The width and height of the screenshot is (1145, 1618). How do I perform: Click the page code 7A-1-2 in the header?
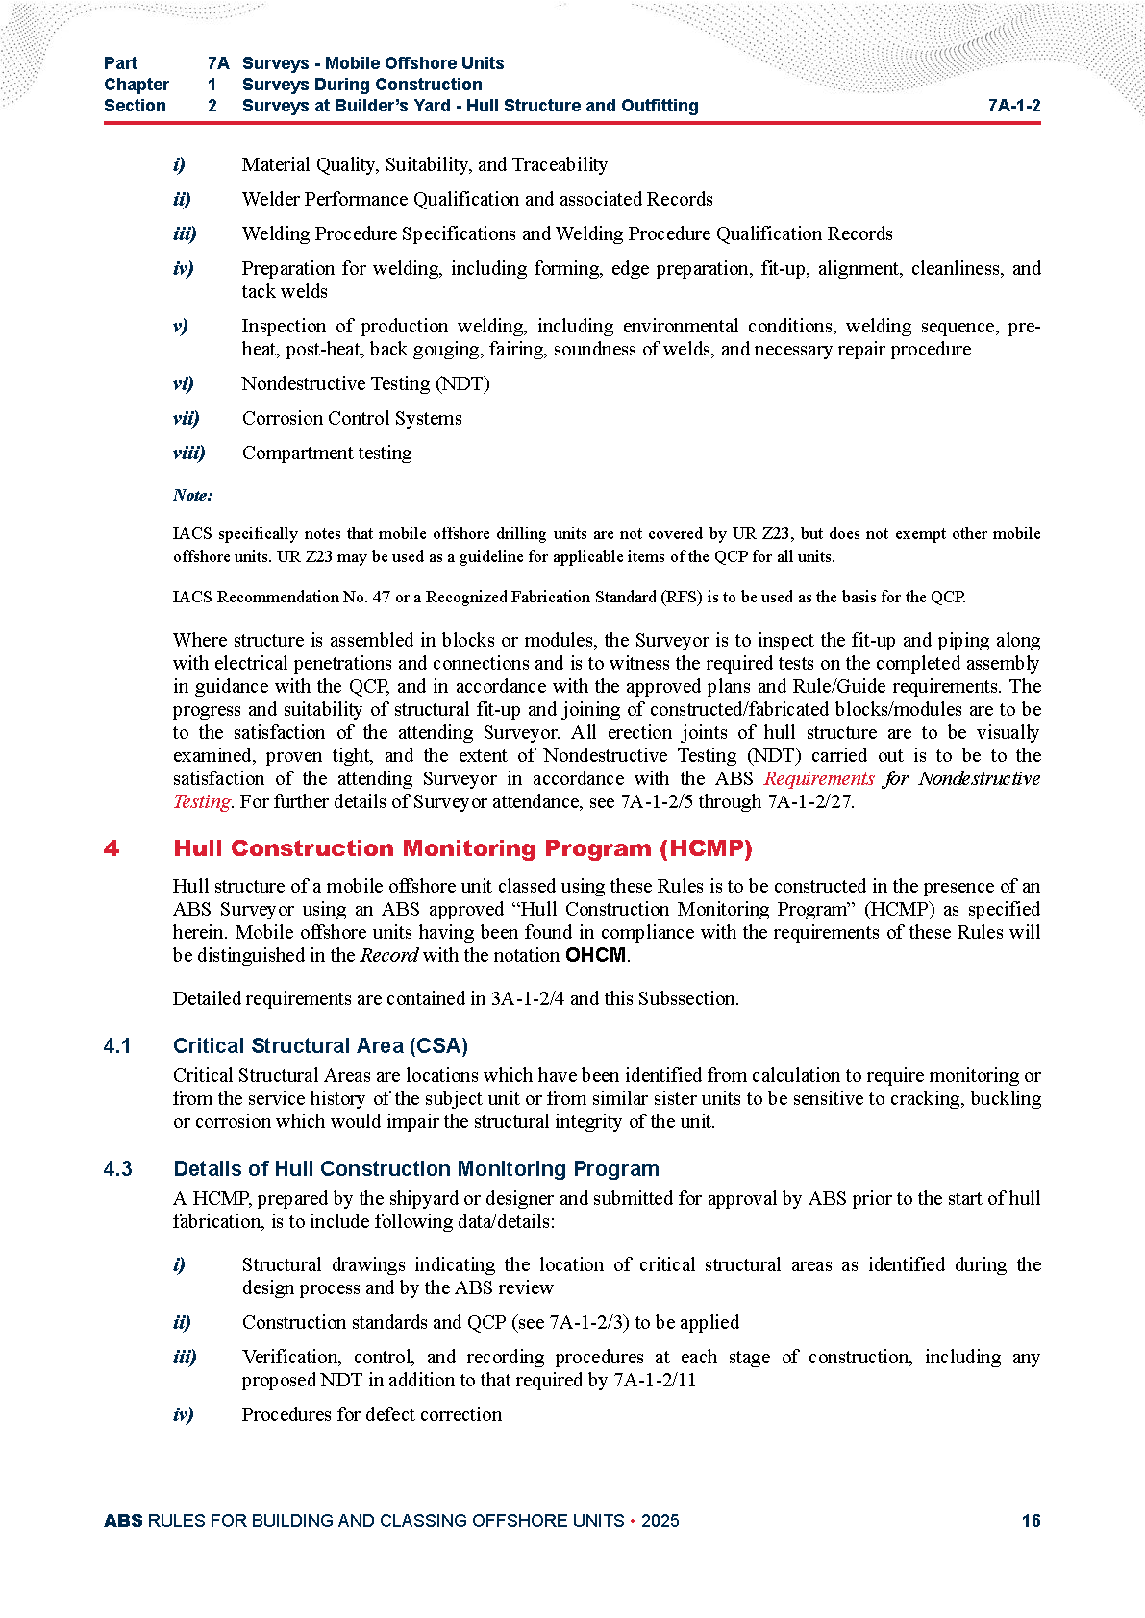point(1013,106)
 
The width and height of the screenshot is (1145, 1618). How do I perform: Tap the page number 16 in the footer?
point(1031,1520)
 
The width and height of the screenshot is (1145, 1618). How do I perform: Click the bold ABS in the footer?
point(123,1520)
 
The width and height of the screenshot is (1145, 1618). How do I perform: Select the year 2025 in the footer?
point(660,1520)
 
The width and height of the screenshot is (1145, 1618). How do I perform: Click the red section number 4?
point(112,848)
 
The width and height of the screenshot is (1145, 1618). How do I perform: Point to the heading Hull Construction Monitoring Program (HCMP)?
point(462,848)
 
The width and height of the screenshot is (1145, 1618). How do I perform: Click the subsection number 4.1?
point(117,1045)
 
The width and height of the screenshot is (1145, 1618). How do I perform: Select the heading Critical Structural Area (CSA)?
point(320,1045)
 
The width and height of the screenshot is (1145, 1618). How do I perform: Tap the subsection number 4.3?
point(117,1168)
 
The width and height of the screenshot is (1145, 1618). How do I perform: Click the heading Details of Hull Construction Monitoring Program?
point(415,1168)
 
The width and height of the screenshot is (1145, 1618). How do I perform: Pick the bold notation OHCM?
point(596,955)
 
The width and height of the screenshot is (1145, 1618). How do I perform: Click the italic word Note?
point(192,495)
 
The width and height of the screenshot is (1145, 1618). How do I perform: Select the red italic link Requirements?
point(819,778)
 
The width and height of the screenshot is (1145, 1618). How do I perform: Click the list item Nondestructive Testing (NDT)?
point(365,383)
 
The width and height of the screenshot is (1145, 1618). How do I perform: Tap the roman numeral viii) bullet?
point(188,453)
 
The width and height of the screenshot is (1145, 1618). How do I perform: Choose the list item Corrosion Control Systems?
point(352,418)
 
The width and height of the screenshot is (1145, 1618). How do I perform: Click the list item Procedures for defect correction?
point(371,1414)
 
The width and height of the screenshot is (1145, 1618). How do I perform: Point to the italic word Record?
point(388,955)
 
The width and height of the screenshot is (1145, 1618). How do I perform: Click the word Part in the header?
point(120,63)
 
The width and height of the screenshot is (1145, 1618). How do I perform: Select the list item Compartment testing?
point(327,453)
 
